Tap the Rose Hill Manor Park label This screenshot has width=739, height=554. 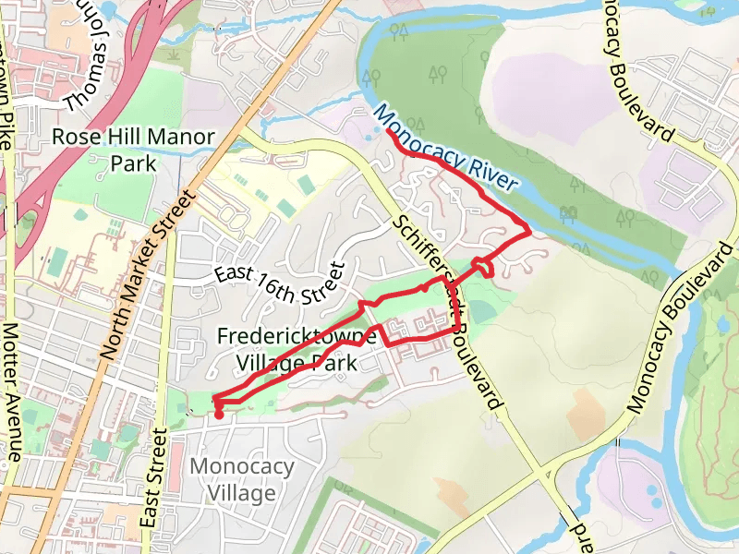point(133,151)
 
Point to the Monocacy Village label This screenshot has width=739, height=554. point(242,479)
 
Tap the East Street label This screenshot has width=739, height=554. point(153,485)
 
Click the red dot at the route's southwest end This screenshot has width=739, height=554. point(219,415)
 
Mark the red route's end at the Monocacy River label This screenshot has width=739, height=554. point(390,132)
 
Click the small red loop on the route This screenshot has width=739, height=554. point(482,268)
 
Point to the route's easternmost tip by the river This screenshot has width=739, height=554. point(528,231)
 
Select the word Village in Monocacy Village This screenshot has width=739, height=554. point(242,493)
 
